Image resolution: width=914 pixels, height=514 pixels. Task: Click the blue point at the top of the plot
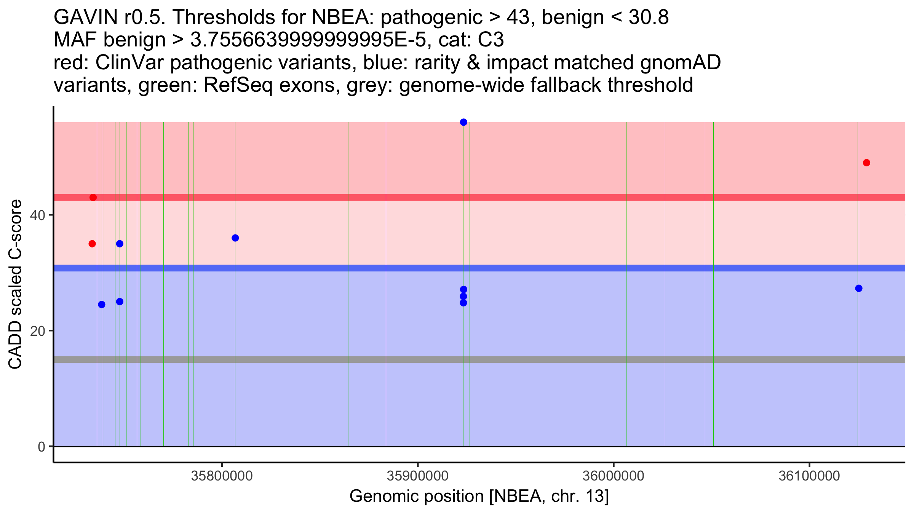(x=463, y=122)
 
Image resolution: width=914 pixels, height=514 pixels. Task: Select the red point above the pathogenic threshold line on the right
(x=866, y=163)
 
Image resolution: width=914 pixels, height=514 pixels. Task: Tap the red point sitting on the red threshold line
(x=93, y=197)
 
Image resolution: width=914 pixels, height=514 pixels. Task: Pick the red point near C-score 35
(x=92, y=244)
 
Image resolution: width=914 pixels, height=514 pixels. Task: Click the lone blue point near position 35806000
(x=235, y=238)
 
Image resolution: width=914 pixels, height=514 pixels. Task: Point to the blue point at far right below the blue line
(x=858, y=288)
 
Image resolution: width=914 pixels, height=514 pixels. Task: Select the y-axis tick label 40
(x=37, y=215)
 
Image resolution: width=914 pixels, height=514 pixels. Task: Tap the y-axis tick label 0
(x=41, y=447)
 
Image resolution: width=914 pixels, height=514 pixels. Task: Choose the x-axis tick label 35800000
(x=222, y=476)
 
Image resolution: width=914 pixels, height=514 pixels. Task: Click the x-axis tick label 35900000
(x=417, y=476)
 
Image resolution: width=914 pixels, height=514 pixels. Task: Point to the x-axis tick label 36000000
(x=613, y=476)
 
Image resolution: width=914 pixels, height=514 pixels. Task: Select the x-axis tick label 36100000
(x=809, y=476)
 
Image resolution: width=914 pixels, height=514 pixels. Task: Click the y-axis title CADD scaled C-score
(x=15, y=285)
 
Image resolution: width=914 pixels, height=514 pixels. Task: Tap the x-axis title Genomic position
(x=479, y=496)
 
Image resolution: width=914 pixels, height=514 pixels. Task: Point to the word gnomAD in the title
(x=680, y=62)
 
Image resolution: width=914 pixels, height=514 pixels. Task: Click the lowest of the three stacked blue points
(x=463, y=303)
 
